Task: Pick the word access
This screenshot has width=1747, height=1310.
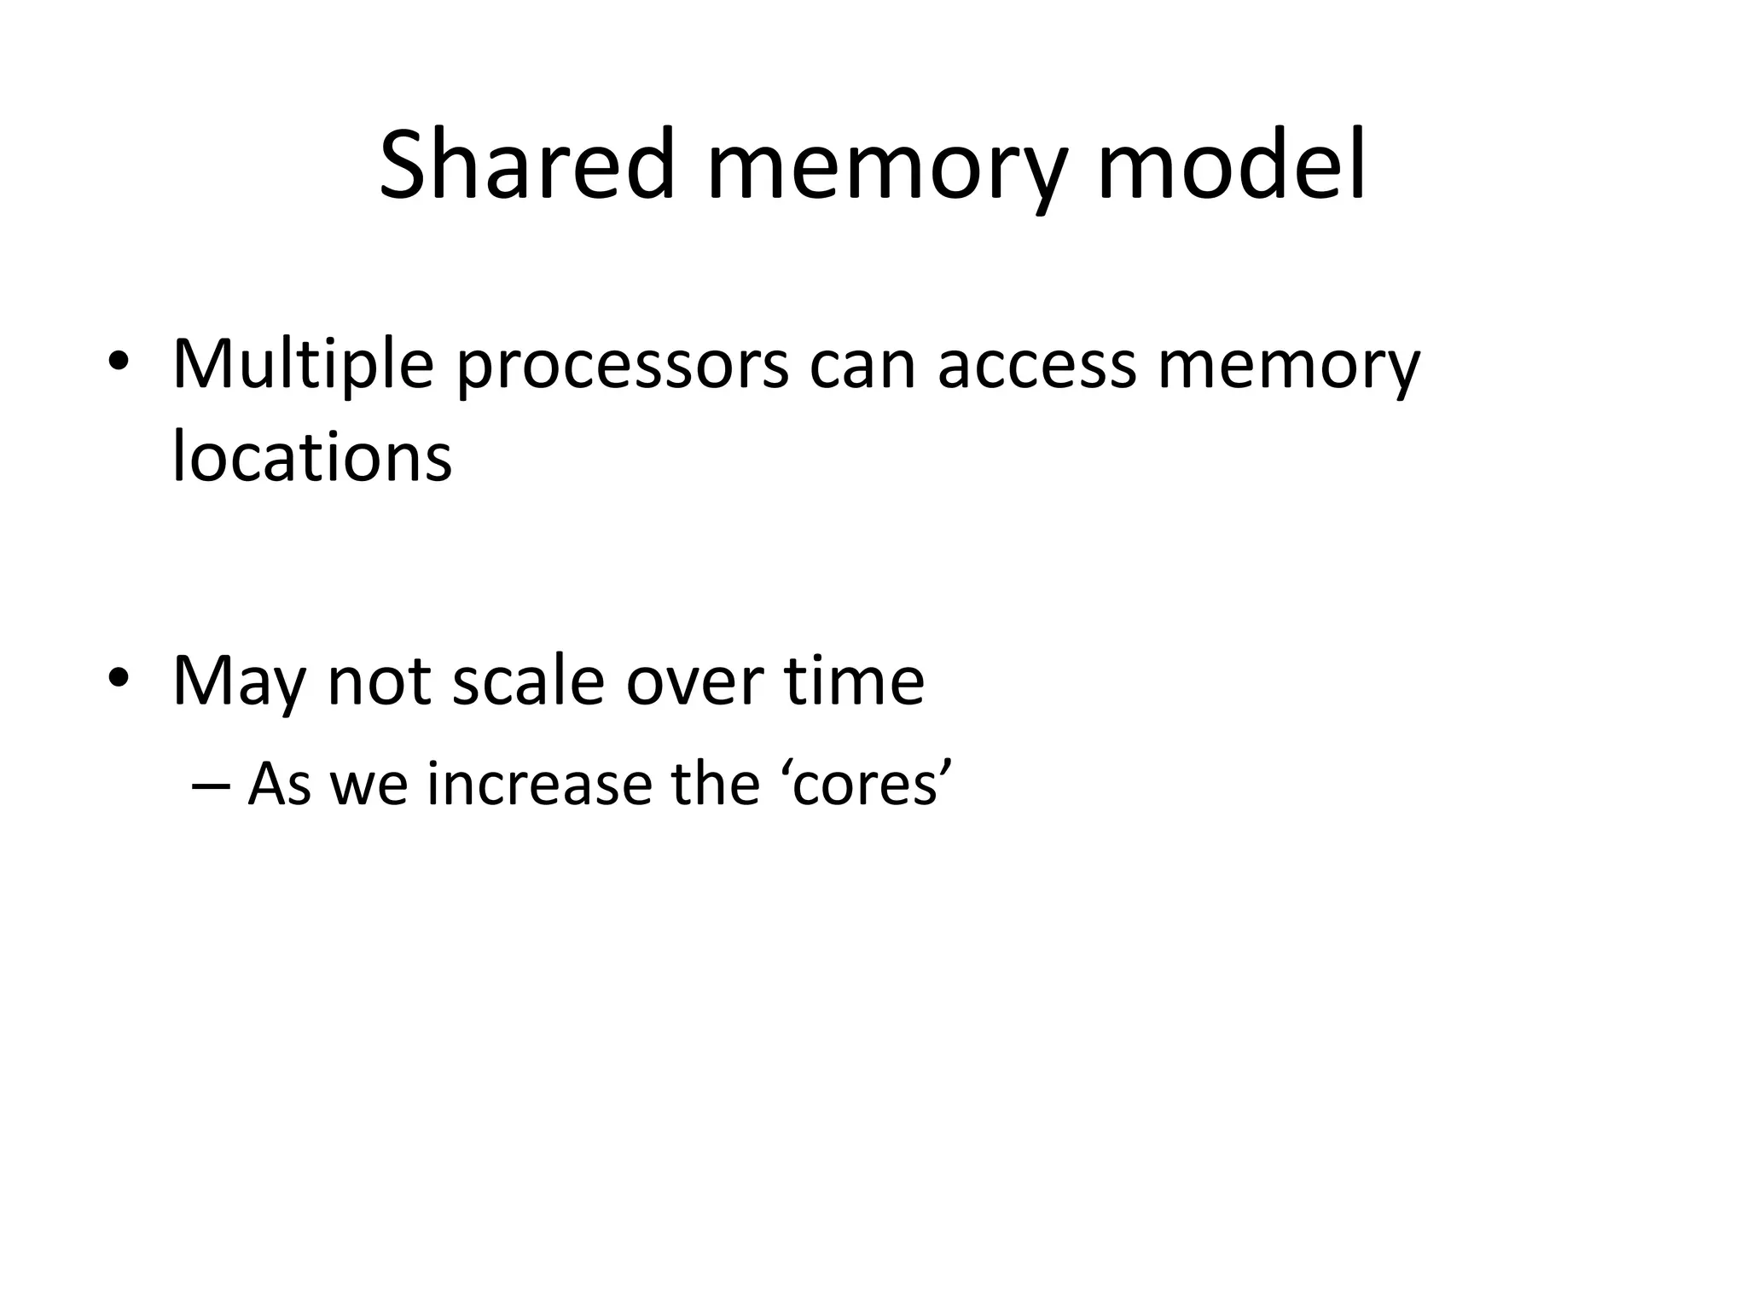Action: point(1036,365)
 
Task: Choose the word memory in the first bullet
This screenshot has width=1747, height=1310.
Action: point(1287,370)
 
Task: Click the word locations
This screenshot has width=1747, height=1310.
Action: point(312,455)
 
